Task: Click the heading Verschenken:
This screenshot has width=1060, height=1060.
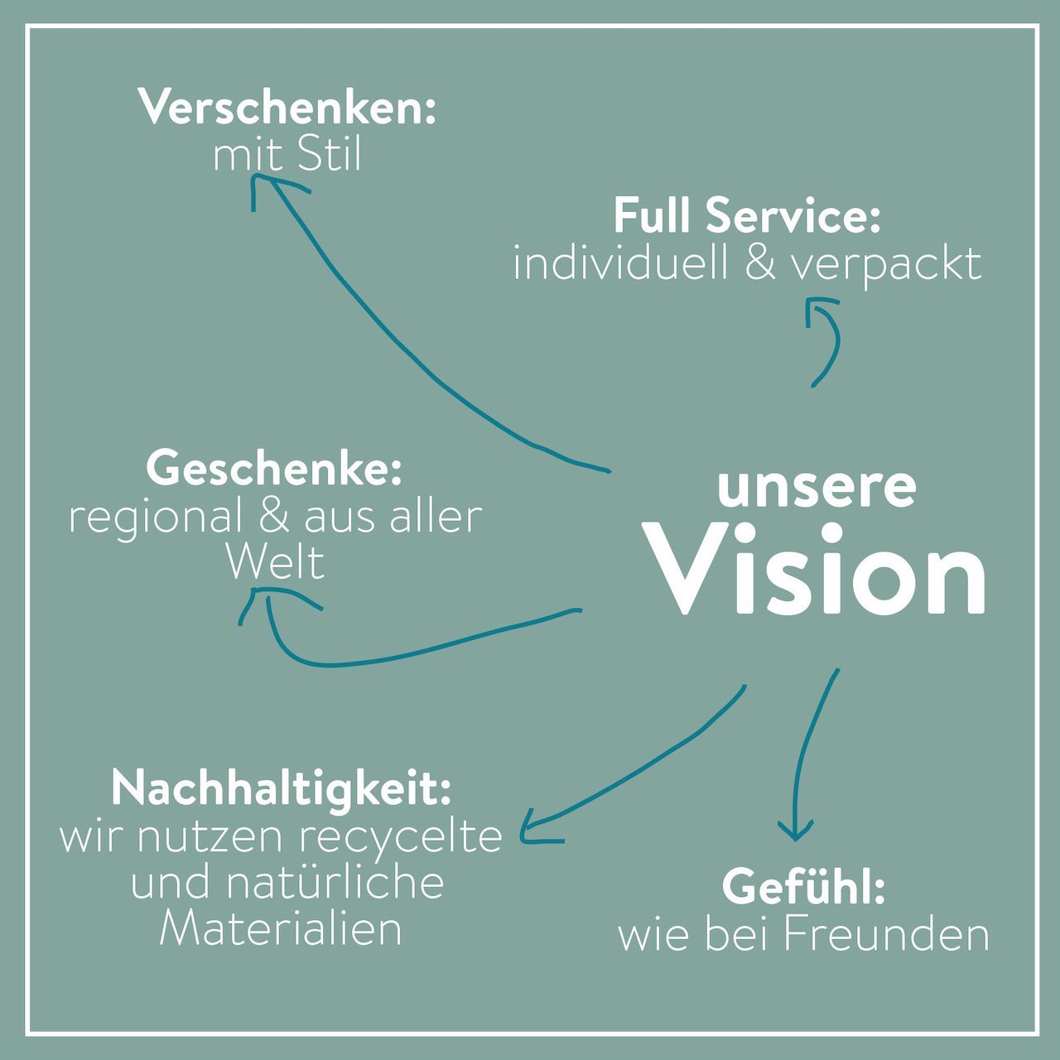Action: click(289, 108)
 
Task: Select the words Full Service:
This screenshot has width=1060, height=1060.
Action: click(747, 215)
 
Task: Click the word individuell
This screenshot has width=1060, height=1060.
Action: click(620, 263)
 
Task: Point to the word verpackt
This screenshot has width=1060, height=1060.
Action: click(887, 267)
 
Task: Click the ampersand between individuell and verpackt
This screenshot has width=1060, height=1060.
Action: click(760, 264)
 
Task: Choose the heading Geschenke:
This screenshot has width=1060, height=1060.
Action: click(274, 468)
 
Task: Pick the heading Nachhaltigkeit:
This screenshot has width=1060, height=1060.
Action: click(281, 789)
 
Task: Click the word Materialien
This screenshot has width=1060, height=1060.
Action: click(281, 927)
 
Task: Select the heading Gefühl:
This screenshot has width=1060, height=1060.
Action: click(803, 887)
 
